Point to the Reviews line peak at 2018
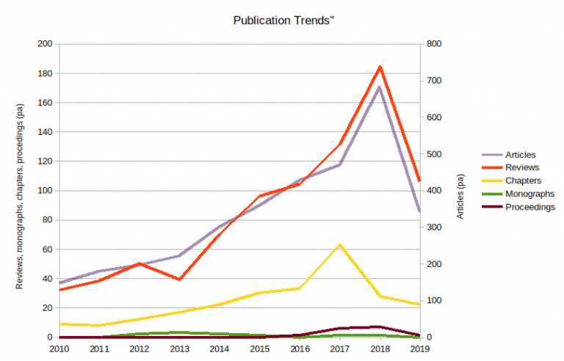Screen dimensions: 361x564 click(380, 67)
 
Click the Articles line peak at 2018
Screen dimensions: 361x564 click(380, 87)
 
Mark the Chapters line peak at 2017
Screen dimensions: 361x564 click(339, 245)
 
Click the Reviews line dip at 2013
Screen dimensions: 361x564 click(179, 280)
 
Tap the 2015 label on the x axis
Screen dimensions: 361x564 click(259, 349)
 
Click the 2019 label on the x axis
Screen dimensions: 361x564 click(419, 349)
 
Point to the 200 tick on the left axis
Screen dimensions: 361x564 click(46, 44)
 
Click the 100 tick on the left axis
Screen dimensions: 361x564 click(46, 191)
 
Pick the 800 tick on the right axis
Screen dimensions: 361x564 click(433, 44)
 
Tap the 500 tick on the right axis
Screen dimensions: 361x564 click(433, 154)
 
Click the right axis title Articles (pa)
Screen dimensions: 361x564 click(460, 196)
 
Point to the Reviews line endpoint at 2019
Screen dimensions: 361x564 click(419, 181)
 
